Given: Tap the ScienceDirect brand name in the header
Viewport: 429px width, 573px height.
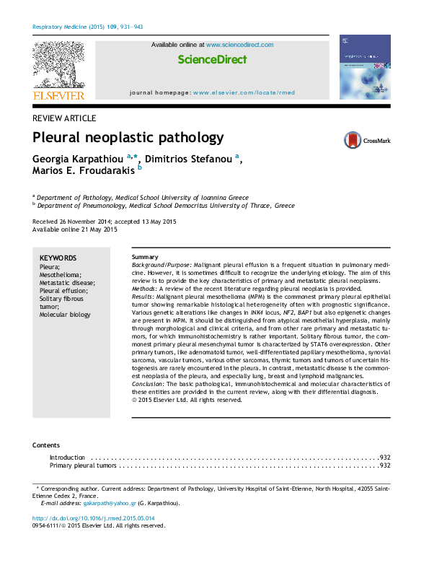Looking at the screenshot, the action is click(212, 60).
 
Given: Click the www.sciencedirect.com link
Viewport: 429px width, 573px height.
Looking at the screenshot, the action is click(240, 45).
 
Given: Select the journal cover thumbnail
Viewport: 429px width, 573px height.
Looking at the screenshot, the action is click(364, 66).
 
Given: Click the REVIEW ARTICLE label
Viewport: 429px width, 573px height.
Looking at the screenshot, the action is click(65, 118).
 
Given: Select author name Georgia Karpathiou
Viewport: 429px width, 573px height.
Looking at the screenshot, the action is click(78, 159).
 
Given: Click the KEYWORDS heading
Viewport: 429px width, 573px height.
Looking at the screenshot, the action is click(58, 258).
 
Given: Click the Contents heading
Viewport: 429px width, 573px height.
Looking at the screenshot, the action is click(46, 445).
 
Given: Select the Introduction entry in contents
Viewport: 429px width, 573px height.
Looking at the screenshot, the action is click(67, 458).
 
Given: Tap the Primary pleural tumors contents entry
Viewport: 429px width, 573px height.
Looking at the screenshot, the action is click(82, 466).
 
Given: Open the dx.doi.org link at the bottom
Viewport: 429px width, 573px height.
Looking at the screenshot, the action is click(94, 518).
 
